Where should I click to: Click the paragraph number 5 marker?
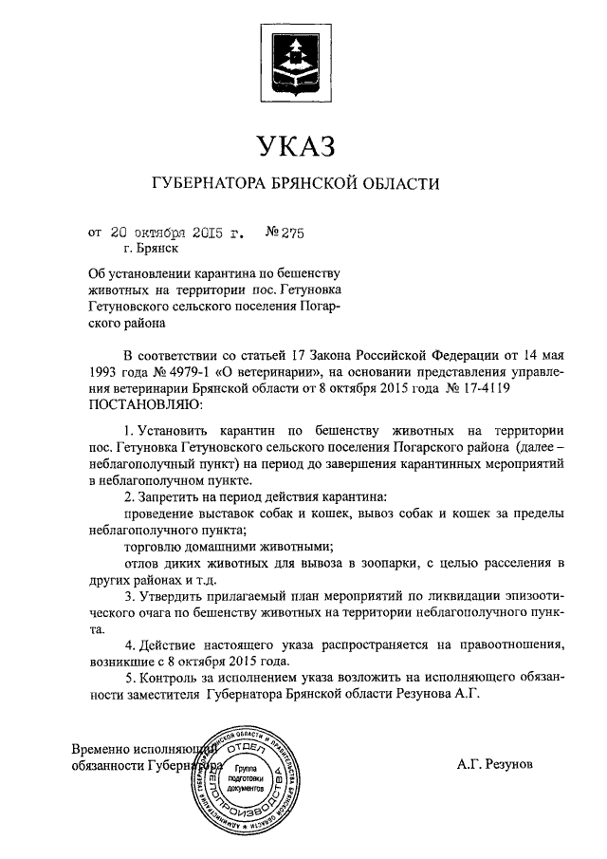pyautogui.click(x=130, y=678)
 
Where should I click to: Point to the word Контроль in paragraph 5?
pyautogui.click(x=172, y=678)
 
